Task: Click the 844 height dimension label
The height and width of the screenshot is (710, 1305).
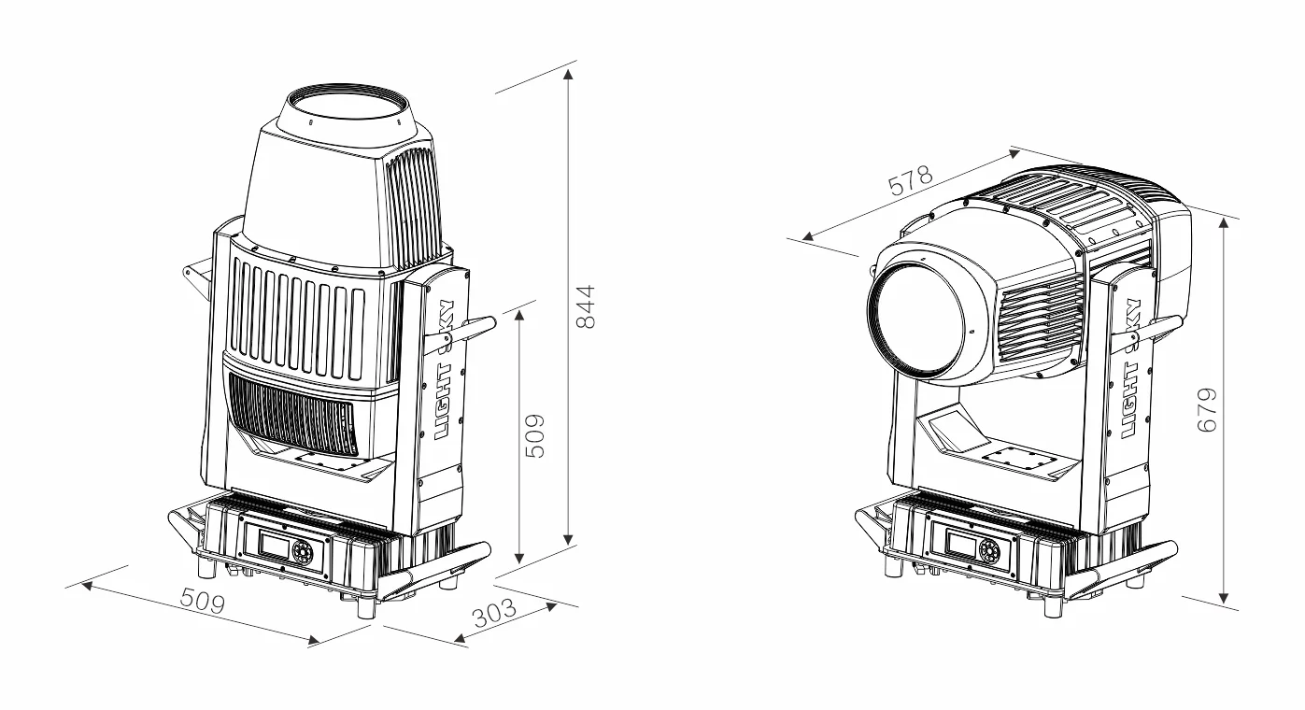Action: click(x=585, y=307)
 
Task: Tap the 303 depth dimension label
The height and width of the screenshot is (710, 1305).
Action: click(x=494, y=613)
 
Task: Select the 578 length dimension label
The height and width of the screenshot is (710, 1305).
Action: click(x=910, y=180)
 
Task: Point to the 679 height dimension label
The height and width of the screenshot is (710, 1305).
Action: click(x=1207, y=409)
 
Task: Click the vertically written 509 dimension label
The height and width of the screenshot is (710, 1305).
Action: click(x=535, y=436)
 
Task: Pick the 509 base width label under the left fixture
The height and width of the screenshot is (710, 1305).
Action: click(x=202, y=601)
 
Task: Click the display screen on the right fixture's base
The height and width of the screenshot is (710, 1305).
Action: click(x=962, y=545)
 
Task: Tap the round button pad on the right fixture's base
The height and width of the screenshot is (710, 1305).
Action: click(x=989, y=550)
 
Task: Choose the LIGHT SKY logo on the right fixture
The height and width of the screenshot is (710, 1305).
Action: click(x=1131, y=368)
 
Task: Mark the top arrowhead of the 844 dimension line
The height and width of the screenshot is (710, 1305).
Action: click(x=569, y=74)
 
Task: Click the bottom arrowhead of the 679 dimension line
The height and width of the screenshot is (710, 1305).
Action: click(x=1224, y=598)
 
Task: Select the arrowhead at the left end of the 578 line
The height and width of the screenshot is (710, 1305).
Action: click(x=807, y=236)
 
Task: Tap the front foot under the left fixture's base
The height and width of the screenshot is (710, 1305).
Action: click(x=366, y=606)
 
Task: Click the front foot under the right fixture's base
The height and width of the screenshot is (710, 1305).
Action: click(x=1053, y=606)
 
